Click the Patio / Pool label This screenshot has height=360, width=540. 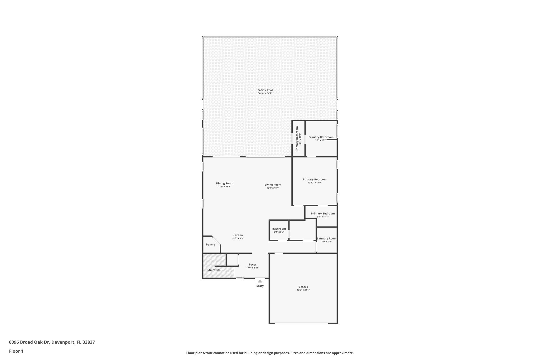pyautogui.click(x=265, y=90)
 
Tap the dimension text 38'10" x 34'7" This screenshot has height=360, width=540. pyautogui.click(x=265, y=93)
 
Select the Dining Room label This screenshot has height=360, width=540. pyautogui.click(x=225, y=184)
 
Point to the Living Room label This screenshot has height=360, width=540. pyautogui.click(x=273, y=185)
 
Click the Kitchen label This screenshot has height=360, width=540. pyautogui.click(x=238, y=235)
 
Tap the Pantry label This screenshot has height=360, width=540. pyautogui.click(x=210, y=244)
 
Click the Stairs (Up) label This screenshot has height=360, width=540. pyautogui.click(x=214, y=270)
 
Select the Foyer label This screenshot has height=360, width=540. pyautogui.click(x=253, y=265)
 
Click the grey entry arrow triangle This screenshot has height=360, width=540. pyautogui.click(x=260, y=281)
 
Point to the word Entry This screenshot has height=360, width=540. pyautogui.click(x=260, y=286)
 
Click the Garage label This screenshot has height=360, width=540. pyautogui.click(x=303, y=287)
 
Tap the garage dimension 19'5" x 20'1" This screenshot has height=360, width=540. pyautogui.click(x=303, y=290)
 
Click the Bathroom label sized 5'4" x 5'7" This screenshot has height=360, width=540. pyautogui.click(x=279, y=229)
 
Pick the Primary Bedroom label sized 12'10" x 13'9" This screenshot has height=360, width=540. pyautogui.click(x=315, y=180)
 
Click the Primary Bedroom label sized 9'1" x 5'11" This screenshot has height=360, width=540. pyautogui.click(x=323, y=214)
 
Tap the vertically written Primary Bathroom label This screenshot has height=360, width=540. pyautogui.click(x=297, y=138)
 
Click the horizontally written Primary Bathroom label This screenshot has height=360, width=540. pyautogui.click(x=321, y=137)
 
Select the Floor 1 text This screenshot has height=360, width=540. pyautogui.click(x=16, y=351)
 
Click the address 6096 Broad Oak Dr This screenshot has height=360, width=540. pyautogui.click(x=29, y=342)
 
